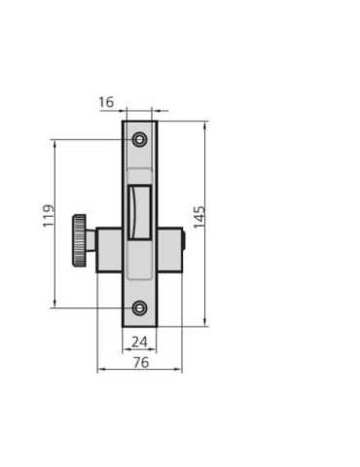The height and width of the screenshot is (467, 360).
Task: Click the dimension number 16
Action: point(106,102)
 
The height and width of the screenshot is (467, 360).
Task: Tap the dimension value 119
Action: point(49,215)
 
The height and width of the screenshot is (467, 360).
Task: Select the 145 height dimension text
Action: point(199,217)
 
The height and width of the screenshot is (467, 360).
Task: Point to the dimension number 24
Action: point(140,341)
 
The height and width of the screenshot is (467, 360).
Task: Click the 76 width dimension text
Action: point(141,362)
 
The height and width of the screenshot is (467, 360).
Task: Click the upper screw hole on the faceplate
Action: point(139,140)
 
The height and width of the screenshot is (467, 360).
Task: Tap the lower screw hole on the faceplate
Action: point(140,307)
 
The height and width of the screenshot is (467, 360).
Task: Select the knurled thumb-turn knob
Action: point(79,240)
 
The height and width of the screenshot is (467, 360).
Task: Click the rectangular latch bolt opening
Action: point(140,212)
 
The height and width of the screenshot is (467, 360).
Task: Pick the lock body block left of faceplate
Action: point(109,250)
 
